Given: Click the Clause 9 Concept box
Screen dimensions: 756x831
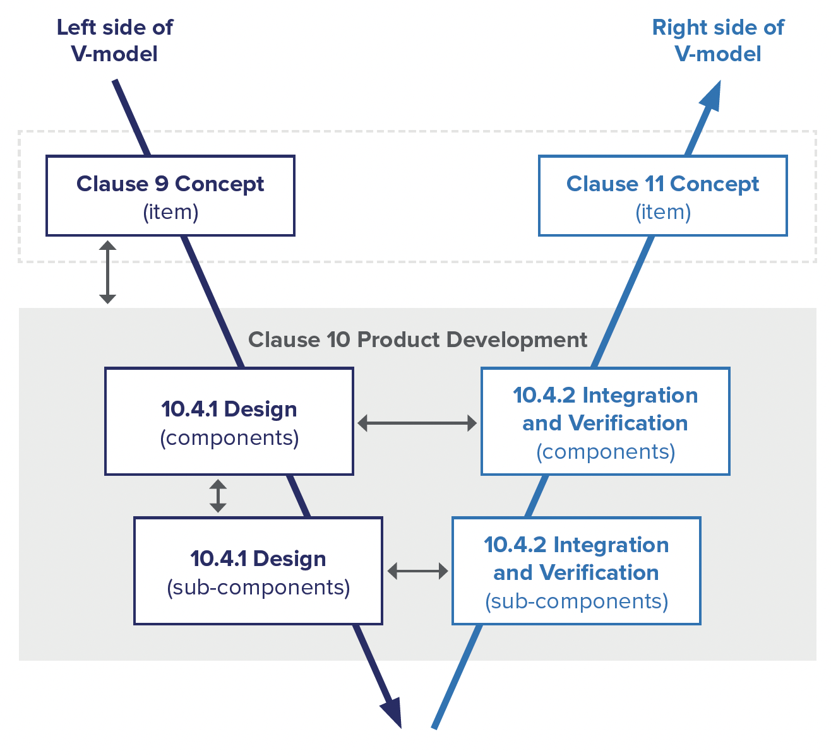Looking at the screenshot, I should pyautogui.click(x=170, y=196).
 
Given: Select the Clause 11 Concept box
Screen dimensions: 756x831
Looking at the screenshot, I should pyautogui.click(x=662, y=196).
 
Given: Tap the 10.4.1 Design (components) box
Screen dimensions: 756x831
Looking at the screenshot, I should pyautogui.click(x=229, y=422).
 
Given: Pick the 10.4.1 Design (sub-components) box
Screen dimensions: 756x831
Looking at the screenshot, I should pyautogui.click(x=258, y=571).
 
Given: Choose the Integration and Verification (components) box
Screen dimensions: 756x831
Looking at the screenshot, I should pyautogui.click(x=605, y=422).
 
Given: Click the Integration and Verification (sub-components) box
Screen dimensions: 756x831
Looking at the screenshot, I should pyautogui.click(x=576, y=571).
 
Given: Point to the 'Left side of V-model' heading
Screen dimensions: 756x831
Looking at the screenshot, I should pyautogui.click(x=114, y=40).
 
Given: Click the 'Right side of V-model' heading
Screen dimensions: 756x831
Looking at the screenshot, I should pyautogui.click(x=718, y=40).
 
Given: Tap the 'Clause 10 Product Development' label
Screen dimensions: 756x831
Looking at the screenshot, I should pyautogui.click(x=417, y=340).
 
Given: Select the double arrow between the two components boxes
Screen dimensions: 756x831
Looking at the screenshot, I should pyautogui.click(x=417, y=423).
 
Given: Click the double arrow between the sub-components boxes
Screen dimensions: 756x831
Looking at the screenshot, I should pyautogui.click(x=417, y=571).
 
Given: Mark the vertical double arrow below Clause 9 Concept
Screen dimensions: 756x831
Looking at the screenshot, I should pyautogui.click(x=108, y=271).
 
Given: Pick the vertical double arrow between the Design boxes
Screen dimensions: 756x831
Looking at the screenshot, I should pyautogui.click(x=218, y=496).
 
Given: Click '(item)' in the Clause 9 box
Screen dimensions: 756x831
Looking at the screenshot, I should pyautogui.click(x=170, y=212).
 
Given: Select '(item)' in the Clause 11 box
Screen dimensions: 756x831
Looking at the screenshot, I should pyautogui.click(x=662, y=212).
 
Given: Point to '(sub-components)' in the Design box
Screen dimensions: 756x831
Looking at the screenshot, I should pyautogui.click(x=258, y=588).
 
